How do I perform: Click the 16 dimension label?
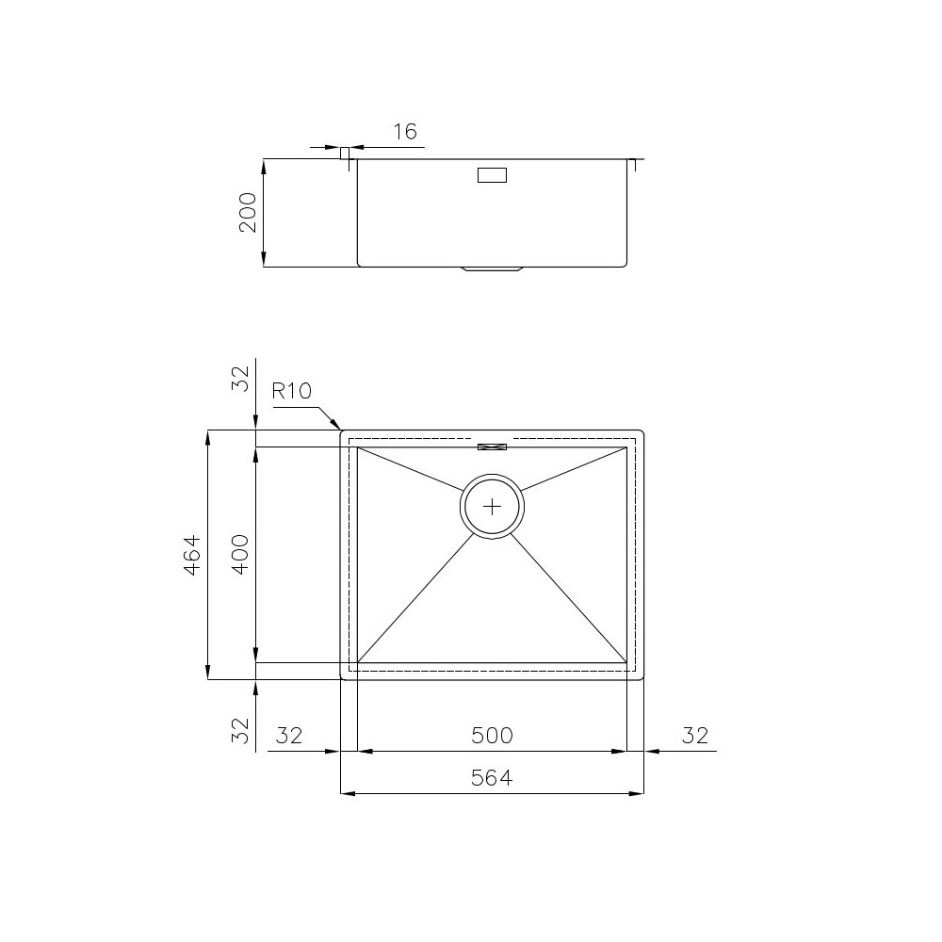point(404,132)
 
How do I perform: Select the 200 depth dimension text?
point(247,213)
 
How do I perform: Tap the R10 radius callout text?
point(292,392)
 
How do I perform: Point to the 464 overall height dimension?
point(191,555)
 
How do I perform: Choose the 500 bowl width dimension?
point(492,735)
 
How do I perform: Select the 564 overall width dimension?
point(492,778)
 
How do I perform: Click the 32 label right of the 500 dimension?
point(694,735)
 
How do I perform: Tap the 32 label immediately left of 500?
point(289,735)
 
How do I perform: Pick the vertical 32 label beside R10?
point(241,379)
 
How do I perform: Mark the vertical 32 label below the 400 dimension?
point(241,730)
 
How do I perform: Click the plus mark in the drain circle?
point(492,507)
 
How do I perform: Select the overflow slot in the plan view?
point(492,446)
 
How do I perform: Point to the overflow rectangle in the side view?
point(492,174)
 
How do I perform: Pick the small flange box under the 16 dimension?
point(345,153)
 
